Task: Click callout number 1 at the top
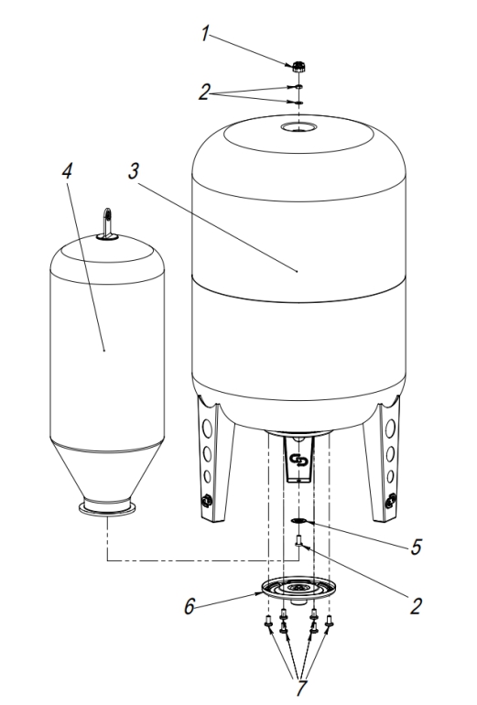pyautogui.click(x=205, y=34)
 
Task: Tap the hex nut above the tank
pyautogui.click(x=298, y=67)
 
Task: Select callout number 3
pyautogui.click(x=133, y=171)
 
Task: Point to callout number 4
pyautogui.click(x=67, y=171)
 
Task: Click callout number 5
pyautogui.click(x=416, y=547)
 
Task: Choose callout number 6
pyautogui.click(x=190, y=606)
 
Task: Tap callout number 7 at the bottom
pyautogui.click(x=301, y=689)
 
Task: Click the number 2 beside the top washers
pyautogui.click(x=204, y=92)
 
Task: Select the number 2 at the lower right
pyautogui.click(x=416, y=606)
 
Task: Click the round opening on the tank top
pyautogui.click(x=298, y=127)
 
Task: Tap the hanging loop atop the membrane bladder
pyautogui.click(x=107, y=222)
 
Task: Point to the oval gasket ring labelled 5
pyautogui.click(x=298, y=521)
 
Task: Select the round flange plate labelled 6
pyautogui.click(x=298, y=588)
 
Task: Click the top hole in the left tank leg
pyautogui.click(x=207, y=428)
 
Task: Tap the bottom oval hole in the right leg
pyautogui.click(x=390, y=476)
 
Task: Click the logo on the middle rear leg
pyautogui.click(x=298, y=461)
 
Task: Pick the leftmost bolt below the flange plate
pyautogui.click(x=268, y=621)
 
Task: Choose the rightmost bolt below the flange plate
pyautogui.click(x=329, y=621)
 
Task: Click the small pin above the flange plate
pyautogui.click(x=298, y=541)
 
